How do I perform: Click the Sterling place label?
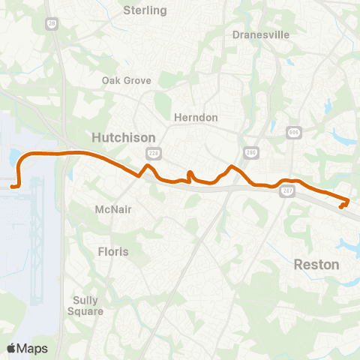point(145,10)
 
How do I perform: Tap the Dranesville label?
point(260,34)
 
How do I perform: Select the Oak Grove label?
point(127,80)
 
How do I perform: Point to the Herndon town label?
point(195,118)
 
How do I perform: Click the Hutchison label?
point(123,137)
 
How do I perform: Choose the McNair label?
point(115,209)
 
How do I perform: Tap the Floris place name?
point(113,251)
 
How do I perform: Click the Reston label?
point(316,265)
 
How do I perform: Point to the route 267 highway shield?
point(288,192)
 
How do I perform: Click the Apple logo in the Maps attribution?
point(11,348)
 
